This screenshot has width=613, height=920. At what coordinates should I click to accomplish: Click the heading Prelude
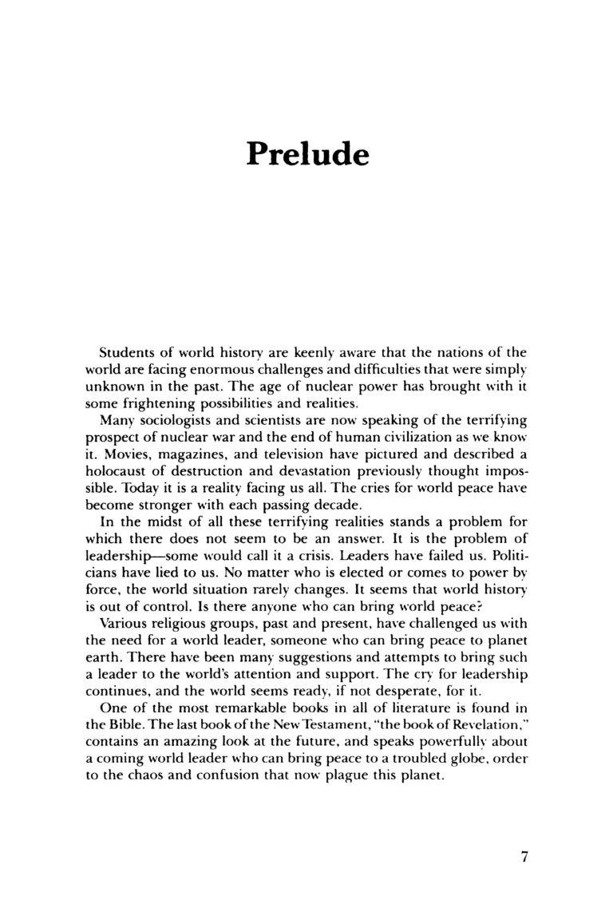[306, 153]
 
